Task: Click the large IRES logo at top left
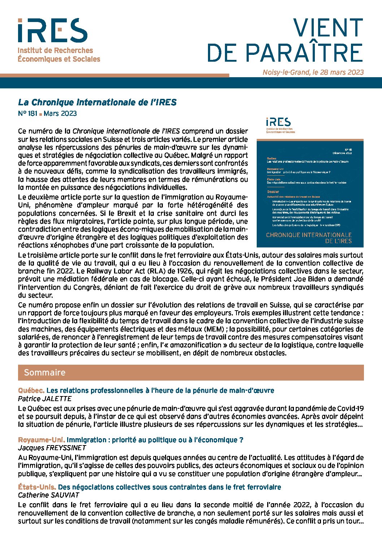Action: (53, 31)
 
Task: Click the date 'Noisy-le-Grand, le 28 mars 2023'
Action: (313, 72)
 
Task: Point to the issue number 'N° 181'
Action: (28, 114)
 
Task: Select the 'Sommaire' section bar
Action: (191, 372)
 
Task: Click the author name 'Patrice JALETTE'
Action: (45, 399)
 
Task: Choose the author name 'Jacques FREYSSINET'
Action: (52, 448)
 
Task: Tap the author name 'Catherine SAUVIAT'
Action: (48, 495)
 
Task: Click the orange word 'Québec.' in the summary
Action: (31, 391)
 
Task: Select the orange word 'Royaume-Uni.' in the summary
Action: (42, 440)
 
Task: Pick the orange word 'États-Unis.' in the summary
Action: (37, 487)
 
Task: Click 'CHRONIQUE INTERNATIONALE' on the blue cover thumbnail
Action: (309, 235)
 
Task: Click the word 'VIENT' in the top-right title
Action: (327, 28)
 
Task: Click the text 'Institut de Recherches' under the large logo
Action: (55, 51)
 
